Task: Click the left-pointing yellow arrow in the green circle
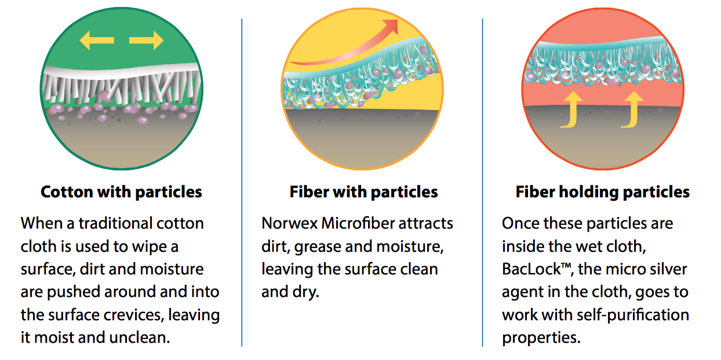(x=97, y=40)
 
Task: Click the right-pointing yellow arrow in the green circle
(x=147, y=40)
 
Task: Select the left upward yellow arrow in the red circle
(x=571, y=110)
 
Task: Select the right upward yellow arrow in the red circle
(x=632, y=110)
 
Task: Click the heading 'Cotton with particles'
(x=121, y=192)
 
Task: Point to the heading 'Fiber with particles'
(x=364, y=192)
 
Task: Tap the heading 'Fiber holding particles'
(x=603, y=192)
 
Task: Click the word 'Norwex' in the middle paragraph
(x=290, y=223)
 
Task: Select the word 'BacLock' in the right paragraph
(x=531, y=269)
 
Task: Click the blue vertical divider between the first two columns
(x=242, y=183)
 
